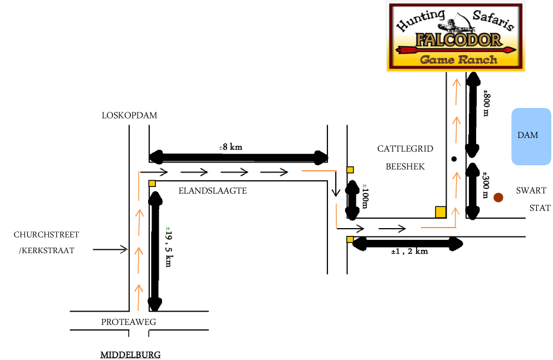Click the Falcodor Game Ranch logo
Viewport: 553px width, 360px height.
[x=456, y=37]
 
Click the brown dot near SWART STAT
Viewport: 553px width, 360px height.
[x=498, y=197]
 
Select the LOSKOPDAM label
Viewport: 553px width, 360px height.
[x=129, y=116]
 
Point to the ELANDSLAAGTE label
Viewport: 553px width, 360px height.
[x=212, y=191]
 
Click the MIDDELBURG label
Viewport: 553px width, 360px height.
[x=130, y=354]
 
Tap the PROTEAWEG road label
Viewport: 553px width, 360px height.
[x=129, y=322]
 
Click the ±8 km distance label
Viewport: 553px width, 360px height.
[x=231, y=147]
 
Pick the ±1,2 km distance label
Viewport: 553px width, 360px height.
[x=409, y=251]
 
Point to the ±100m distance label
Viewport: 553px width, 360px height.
[x=365, y=196]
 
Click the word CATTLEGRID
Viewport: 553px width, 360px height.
[x=405, y=149]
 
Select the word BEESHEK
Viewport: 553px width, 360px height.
[x=405, y=166]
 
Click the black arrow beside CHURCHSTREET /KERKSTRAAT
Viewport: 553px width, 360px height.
[x=110, y=250]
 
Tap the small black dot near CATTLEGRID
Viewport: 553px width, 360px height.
[x=454, y=159]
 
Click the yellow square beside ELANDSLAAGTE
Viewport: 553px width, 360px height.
[x=151, y=183]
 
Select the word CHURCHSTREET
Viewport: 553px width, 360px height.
[x=47, y=235]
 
